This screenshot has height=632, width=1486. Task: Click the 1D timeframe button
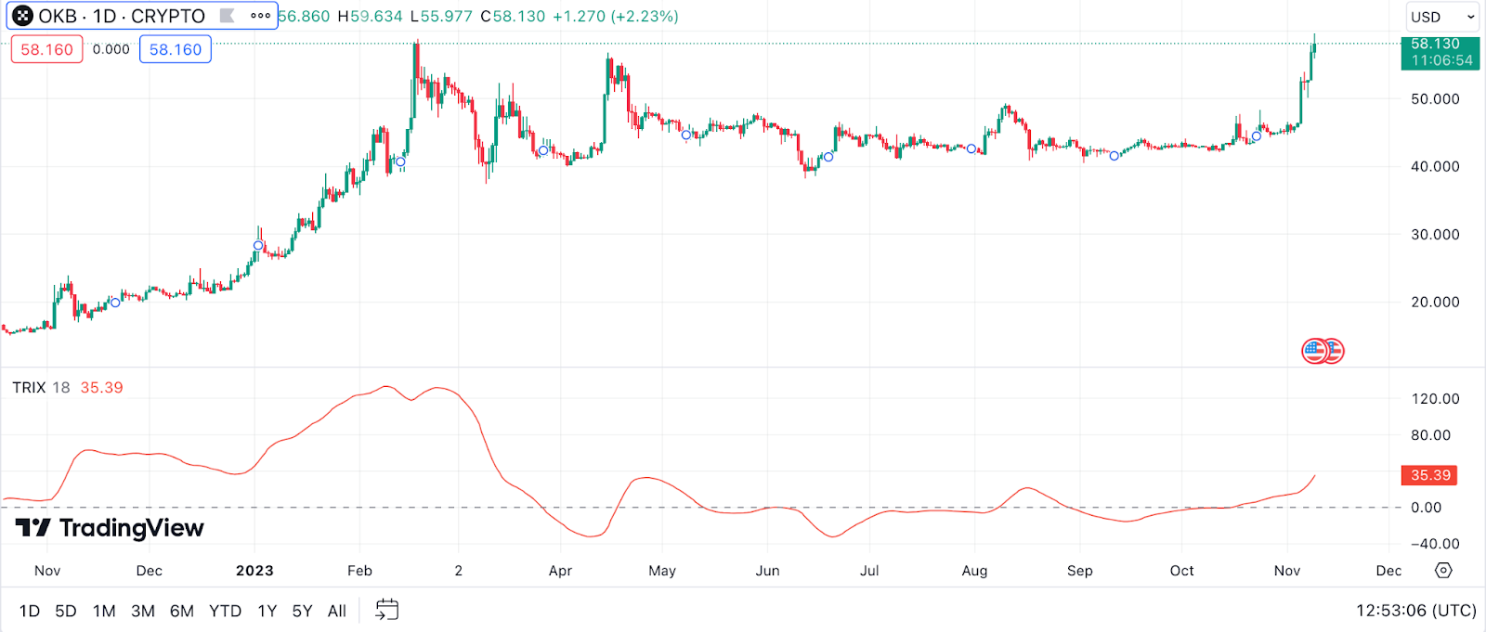click(x=30, y=611)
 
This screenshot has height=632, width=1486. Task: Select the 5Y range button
click(x=302, y=611)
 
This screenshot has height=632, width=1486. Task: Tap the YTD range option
click(x=225, y=611)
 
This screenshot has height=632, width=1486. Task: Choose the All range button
click(x=337, y=611)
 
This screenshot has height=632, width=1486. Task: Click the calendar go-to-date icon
click(x=386, y=610)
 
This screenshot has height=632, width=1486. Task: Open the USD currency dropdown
click(x=1441, y=17)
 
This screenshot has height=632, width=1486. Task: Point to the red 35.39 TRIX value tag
click(x=1429, y=475)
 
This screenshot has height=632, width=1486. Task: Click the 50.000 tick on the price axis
click(x=1435, y=99)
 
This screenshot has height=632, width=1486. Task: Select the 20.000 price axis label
click(x=1435, y=303)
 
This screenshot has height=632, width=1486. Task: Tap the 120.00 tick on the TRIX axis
click(x=1435, y=399)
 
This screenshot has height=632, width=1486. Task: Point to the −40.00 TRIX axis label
click(x=1435, y=544)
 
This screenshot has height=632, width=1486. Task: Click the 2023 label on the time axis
click(x=254, y=571)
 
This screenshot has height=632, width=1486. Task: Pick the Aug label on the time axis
click(x=974, y=571)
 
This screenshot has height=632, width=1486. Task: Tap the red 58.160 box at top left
click(x=46, y=49)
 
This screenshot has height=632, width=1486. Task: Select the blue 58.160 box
click(x=176, y=49)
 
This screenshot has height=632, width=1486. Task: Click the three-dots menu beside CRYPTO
click(x=260, y=16)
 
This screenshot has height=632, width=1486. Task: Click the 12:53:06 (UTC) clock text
click(x=1415, y=611)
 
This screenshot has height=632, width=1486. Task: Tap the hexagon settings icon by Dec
click(x=1443, y=570)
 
